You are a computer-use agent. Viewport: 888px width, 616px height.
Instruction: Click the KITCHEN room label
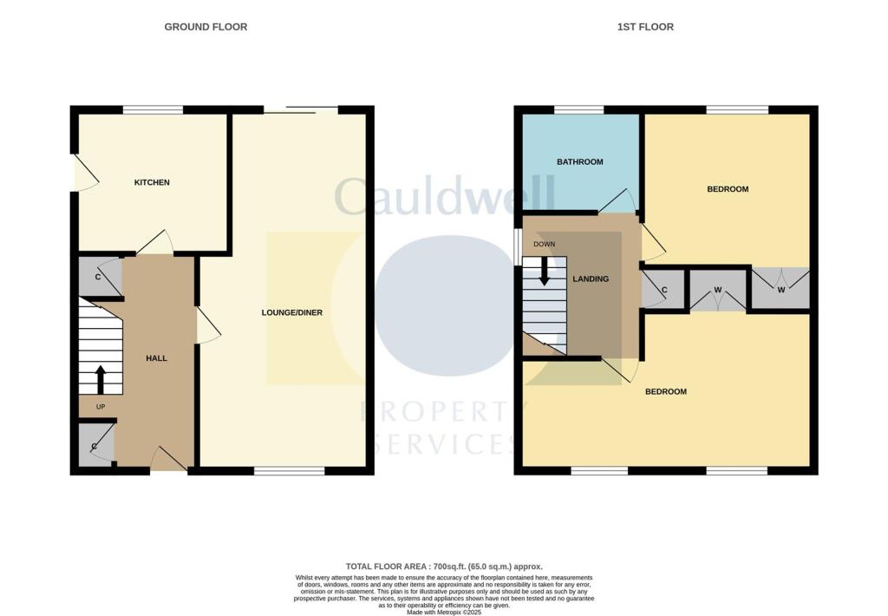click(x=152, y=182)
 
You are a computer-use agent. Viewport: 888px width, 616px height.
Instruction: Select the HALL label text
click(x=156, y=357)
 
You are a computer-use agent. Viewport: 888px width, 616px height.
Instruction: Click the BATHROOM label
click(x=580, y=162)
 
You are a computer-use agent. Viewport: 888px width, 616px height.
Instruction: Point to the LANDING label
click(x=591, y=279)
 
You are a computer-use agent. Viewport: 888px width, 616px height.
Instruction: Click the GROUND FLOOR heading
click(x=206, y=27)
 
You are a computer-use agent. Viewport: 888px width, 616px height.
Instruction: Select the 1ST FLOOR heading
click(x=645, y=27)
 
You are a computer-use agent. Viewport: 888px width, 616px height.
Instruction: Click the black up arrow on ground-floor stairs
click(x=100, y=379)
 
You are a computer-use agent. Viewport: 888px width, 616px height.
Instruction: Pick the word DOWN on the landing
click(x=545, y=244)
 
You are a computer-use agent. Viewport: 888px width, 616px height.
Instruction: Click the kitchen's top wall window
click(x=153, y=109)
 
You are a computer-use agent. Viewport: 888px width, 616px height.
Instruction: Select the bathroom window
click(x=579, y=109)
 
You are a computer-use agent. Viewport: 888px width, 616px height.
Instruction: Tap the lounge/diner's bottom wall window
click(x=290, y=471)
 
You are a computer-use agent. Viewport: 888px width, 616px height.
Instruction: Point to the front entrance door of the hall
click(x=168, y=460)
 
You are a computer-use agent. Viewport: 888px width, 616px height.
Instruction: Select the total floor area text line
click(x=444, y=566)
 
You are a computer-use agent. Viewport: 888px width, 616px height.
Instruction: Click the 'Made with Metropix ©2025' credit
click(x=444, y=606)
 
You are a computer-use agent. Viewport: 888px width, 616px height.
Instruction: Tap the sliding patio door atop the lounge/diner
click(x=300, y=108)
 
